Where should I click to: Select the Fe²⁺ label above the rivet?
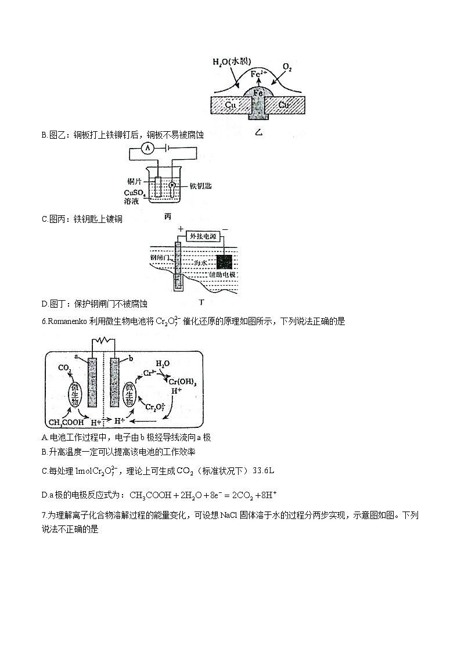[x=259, y=74]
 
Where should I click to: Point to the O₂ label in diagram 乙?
[x=287, y=68]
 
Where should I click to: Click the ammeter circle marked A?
[x=148, y=149]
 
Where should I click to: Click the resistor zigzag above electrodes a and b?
[x=103, y=340]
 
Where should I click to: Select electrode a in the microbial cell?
[x=92, y=381]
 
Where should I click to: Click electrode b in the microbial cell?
[x=114, y=381]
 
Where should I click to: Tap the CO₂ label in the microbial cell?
[x=65, y=368]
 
